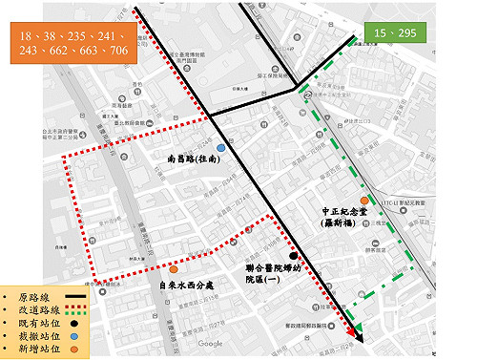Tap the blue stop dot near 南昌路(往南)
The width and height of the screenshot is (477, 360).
[x=221, y=148]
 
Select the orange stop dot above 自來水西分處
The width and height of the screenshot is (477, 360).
[x=174, y=255]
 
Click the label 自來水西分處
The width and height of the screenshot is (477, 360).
[x=191, y=285]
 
